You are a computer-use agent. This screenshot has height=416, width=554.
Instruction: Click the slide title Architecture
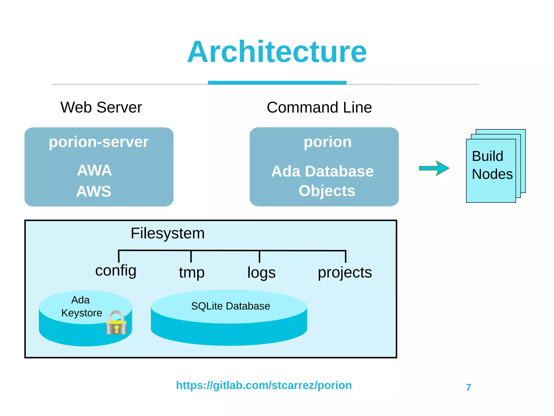pos(277,52)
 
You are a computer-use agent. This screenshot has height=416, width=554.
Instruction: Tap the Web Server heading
pos(101,107)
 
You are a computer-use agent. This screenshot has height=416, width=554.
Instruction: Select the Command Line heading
pos(319,107)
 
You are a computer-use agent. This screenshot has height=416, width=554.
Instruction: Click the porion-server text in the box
pos(99,142)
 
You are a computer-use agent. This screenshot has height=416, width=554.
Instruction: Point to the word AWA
pos(94,171)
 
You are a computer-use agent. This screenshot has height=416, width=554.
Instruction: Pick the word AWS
pos(94,191)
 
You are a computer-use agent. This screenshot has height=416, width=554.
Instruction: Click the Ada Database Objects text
pos(323,181)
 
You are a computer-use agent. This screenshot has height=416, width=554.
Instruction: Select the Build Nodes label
pos(492,165)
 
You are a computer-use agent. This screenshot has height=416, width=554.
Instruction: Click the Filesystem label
pos(167,233)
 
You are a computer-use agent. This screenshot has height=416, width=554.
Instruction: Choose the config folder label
pos(116,271)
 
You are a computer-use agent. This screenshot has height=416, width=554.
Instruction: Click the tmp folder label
pos(192,273)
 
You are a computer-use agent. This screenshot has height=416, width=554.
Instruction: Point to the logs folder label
pos(261,273)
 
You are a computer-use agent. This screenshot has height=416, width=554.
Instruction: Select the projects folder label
pos(345,273)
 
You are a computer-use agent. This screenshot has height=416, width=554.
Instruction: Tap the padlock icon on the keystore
pos(116,323)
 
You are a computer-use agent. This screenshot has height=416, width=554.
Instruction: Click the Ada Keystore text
pos(81,306)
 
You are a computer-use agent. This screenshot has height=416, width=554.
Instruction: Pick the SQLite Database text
pos(230,306)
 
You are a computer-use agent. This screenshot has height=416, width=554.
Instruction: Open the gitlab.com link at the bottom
pos(264,385)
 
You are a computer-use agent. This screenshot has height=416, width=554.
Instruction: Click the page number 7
pos(469,387)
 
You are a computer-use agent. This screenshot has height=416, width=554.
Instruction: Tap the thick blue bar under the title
pos(277,83)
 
